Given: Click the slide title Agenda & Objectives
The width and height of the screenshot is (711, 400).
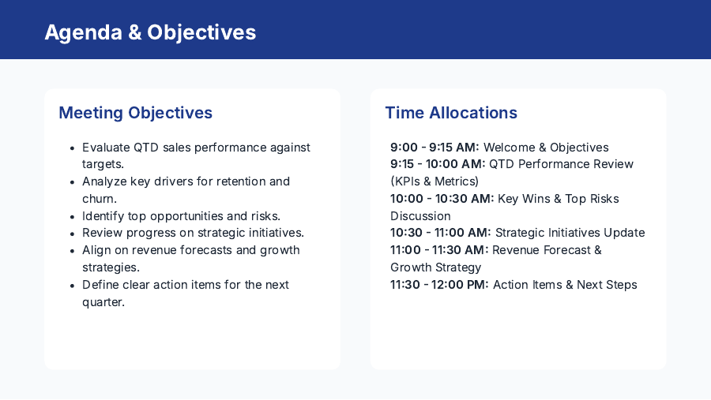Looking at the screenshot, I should pos(150,32).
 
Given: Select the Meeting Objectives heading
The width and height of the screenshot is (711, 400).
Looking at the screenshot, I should pos(135,113).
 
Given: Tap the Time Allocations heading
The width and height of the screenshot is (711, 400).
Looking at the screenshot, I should pos(451,113).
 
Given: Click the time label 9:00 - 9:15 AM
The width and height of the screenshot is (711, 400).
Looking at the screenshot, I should pos(434,148).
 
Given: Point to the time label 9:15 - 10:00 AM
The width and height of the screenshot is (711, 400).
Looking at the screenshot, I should pos(438,164).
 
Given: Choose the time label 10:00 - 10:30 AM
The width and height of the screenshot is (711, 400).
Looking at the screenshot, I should pos(442,199).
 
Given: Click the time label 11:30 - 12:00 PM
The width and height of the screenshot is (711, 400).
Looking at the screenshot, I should pos(439,285).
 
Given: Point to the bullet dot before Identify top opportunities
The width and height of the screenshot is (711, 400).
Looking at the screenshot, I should pos(73,216).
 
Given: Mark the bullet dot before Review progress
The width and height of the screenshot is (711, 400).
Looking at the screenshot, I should pos(73,234).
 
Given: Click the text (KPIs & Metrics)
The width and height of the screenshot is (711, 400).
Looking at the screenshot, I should pos(434,181).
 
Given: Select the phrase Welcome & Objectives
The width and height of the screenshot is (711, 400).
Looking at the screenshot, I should pos(546,148).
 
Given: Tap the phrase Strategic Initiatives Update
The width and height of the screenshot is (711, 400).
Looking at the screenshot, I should pos(570,233).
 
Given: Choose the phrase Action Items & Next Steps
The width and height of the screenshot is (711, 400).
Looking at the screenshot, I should pos(565,285).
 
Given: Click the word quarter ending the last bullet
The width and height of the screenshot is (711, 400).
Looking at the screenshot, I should pos(103,301).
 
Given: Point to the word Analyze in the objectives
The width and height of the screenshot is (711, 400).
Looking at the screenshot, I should pos(104,181).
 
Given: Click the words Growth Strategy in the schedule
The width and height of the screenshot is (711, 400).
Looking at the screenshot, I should pos(435,267).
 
